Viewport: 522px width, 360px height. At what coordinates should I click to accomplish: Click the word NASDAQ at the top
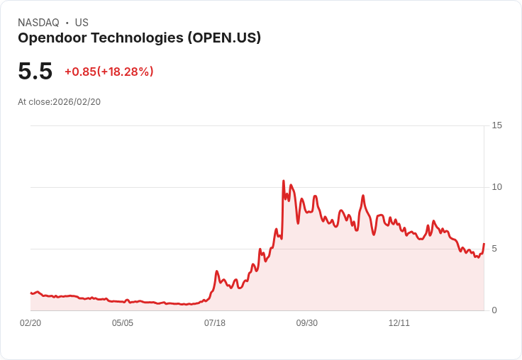pos(38,23)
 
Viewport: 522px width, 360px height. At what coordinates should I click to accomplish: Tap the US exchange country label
pos(82,23)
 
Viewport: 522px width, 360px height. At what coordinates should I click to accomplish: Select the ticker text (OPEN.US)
pos(224,38)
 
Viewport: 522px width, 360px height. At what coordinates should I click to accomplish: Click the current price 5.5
pos(35,72)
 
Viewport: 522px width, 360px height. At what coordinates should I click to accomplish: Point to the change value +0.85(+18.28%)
pos(109,72)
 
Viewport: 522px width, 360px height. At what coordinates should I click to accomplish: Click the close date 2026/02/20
pos(77,102)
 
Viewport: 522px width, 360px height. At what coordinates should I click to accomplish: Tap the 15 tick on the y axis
pos(496,125)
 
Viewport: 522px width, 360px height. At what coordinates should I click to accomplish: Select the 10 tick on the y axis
pos(496,187)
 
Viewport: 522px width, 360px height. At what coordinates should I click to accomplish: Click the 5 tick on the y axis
pos(494,249)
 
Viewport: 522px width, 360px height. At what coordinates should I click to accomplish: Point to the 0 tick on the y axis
pos(494,310)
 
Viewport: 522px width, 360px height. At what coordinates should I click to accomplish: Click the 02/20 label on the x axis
pos(30,323)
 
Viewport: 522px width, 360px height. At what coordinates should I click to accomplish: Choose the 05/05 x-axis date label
pos(123,323)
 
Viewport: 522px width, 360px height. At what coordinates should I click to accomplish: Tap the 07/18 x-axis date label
pos(215,323)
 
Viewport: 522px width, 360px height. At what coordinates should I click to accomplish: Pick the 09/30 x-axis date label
pos(307,323)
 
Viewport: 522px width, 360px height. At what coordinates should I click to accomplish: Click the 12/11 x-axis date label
pos(399,323)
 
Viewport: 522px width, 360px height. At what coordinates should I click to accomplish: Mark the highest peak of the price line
pos(284,181)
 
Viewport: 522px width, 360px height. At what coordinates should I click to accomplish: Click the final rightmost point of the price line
pos(484,243)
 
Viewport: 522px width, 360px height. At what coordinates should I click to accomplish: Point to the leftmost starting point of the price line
pos(30,293)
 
